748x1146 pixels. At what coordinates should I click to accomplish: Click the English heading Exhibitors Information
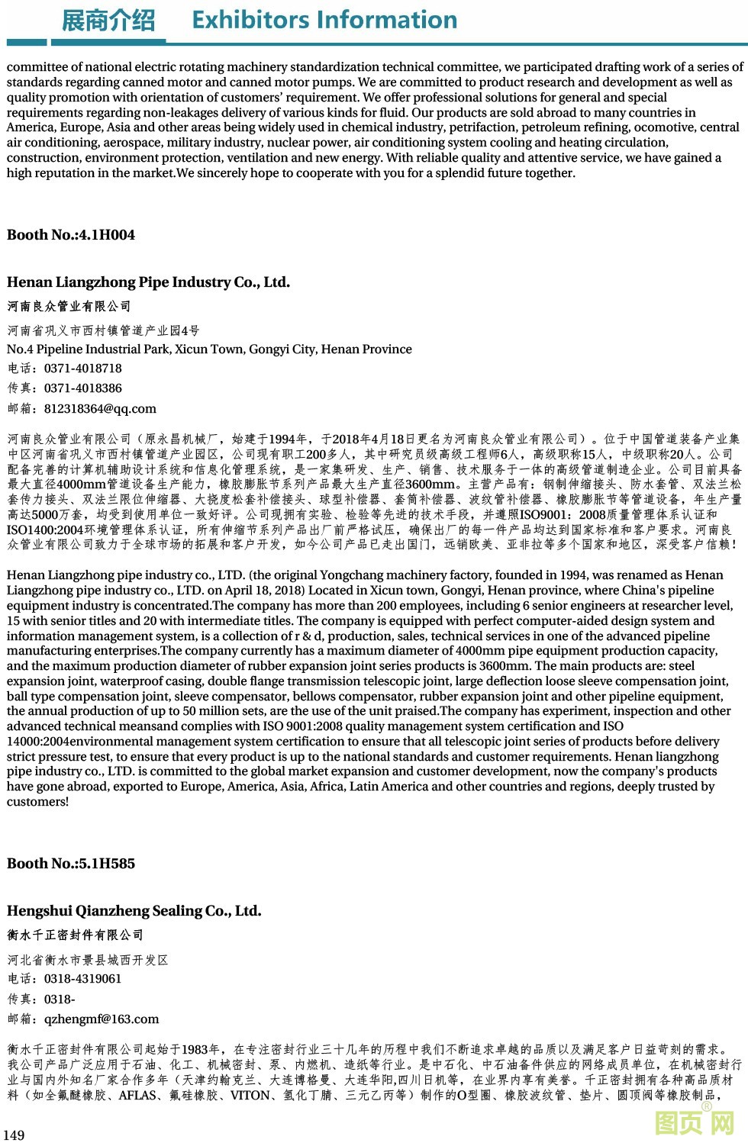tap(324, 20)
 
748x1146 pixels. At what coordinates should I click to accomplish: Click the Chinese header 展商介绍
tap(108, 21)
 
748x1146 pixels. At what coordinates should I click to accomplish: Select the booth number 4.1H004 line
tap(71, 235)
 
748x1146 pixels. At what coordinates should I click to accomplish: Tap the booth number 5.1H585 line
tap(71, 864)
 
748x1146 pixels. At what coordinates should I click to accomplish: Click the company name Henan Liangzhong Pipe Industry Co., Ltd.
tap(148, 282)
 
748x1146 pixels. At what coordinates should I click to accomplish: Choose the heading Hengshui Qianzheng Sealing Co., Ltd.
tap(134, 911)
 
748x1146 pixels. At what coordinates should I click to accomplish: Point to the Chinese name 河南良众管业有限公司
tap(69, 307)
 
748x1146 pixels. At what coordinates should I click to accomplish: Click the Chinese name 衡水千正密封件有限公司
tap(76, 935)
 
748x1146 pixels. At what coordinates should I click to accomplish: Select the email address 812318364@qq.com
tap(100, 408)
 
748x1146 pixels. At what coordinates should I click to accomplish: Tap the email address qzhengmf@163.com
tap(102, 1019)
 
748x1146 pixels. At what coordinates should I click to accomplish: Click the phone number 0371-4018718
tap(83, 368)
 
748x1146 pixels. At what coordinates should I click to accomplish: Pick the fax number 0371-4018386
tap(83, 388)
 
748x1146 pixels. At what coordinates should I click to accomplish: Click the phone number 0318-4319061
tap(83, 978)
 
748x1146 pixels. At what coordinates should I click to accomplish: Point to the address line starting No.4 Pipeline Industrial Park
tap(209, 349)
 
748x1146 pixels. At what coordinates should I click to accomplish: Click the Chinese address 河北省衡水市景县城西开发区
tap(88, 960)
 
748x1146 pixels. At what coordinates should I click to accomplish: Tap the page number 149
tap(15, 1135)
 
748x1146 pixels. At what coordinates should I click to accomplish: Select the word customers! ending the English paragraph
tap(37, 802)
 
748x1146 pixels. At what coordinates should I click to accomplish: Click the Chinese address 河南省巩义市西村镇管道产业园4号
tap(104, 330)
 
